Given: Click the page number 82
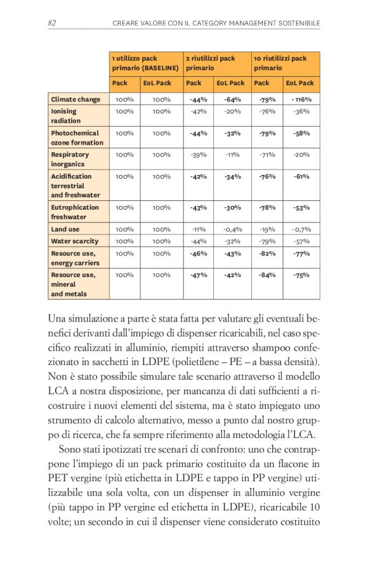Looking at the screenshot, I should tap(53, 23).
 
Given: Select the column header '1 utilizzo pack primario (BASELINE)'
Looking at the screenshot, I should tap(145, 63).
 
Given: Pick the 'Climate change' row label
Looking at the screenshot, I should tap(75, 100).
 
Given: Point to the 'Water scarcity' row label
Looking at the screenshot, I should tap(75, 241).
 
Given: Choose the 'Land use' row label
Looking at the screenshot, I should tap(65, 229).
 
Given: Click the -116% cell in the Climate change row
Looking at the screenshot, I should tap(301, 100).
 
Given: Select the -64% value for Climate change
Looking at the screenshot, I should tap(232, 100).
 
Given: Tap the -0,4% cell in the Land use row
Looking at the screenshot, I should tap(232, 229).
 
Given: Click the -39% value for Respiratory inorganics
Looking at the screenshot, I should tap(199, 155).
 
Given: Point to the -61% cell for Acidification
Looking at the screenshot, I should tap(301, 177).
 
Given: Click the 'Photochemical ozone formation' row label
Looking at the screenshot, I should tap(76, 138).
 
